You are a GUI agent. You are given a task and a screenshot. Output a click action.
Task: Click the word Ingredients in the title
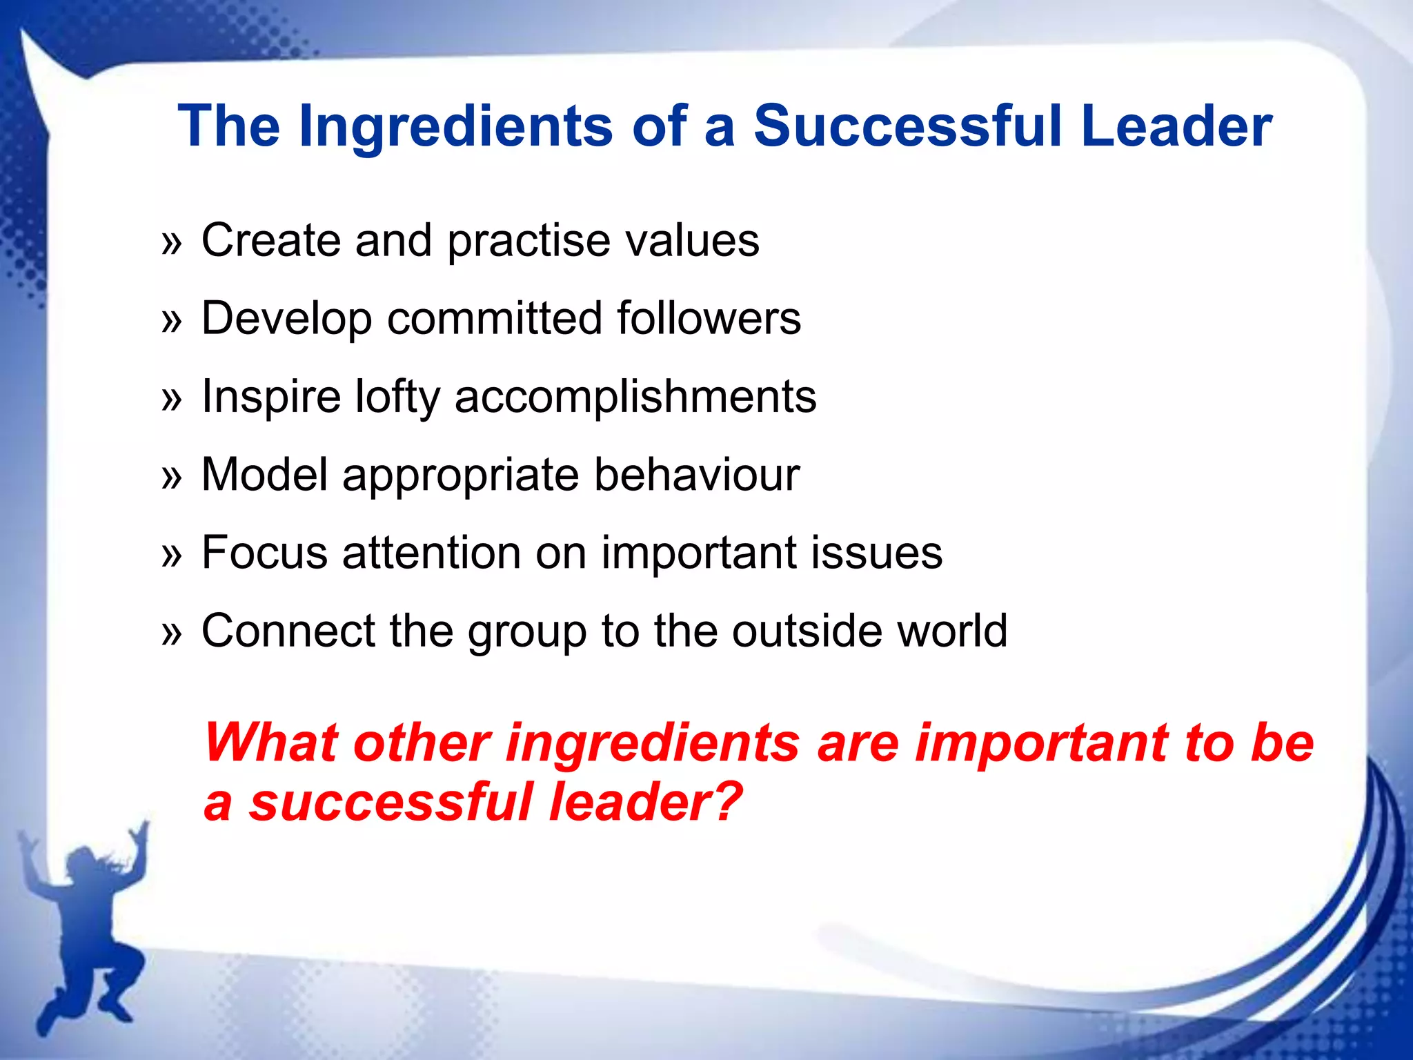pyautogui.click(x=455, y=127)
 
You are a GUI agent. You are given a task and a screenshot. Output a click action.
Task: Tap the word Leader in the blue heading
pyautogui.click(x=1176, y=127)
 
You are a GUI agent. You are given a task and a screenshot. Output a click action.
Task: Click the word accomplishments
pyautogui.click(x=635, y=398)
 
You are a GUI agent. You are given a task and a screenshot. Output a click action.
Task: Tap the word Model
pyautogui.click(x=265, y=475)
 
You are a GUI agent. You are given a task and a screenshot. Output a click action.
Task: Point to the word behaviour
pyautogui.click(x=697, y=475)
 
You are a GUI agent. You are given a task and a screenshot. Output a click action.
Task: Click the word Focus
pyautogui.click(x=264, y=553)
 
